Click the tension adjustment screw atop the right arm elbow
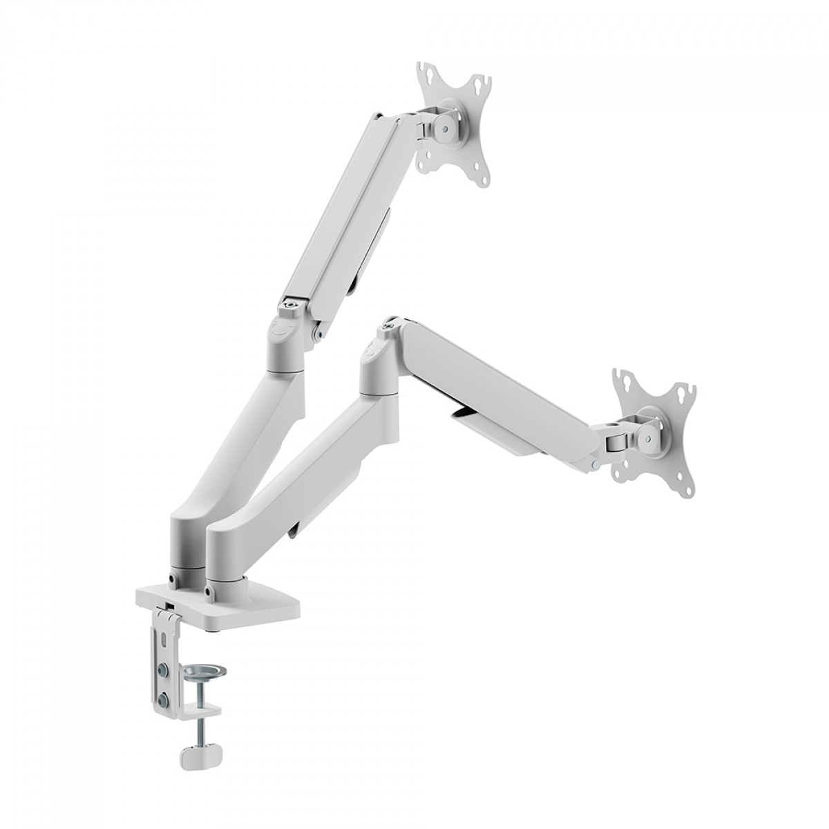(391, 321)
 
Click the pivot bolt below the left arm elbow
(317, 336)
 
